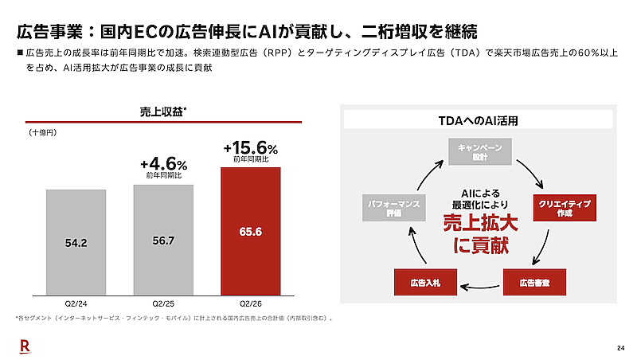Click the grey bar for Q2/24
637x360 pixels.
click(x=76, y=242)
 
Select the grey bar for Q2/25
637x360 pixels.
click(x=163, y=240)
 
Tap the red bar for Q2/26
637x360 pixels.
click(x=251, y=231)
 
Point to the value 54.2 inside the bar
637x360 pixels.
click(x=76, y=243)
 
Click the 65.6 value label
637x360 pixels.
click(x=251, y=232)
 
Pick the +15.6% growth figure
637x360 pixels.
click(x=251, y=148)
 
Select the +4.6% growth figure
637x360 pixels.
click(x=164, y=164)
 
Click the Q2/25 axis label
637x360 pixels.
click(x=163, y=303)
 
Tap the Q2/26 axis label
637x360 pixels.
click(x=251, y=303)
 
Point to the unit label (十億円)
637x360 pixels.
click(x=43, y=132)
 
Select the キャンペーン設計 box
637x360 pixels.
click(x=480, y=151)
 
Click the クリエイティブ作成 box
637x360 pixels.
click(x=565, y=208)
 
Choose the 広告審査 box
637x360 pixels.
click(x=534, y=283)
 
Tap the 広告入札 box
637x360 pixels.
click(x=425, y=283)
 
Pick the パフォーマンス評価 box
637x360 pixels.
click(x=394, y=208)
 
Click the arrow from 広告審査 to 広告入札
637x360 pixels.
click(x=480, y=288)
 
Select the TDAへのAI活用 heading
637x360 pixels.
click(x=479, y=121)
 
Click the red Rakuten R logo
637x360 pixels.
click(x=25, y=346)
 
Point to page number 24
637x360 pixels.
click(x=621, y=348)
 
